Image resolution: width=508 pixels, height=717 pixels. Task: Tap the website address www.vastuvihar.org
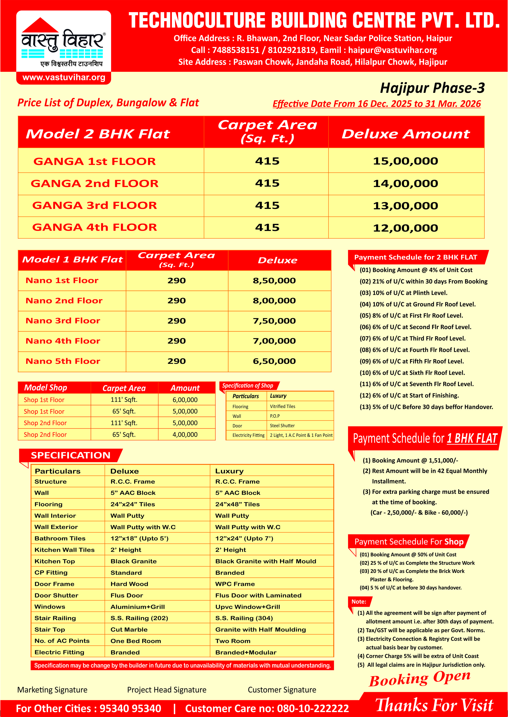[64, 77]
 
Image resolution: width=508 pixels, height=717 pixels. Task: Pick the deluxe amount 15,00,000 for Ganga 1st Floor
[405, 161]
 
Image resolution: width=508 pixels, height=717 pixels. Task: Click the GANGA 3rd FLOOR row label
[94, 205]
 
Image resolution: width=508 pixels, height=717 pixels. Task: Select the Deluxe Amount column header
[405, 134]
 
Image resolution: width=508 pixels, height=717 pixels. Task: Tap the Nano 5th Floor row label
[63, 361]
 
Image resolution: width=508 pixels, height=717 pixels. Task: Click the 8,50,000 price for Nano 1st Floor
[274, 280]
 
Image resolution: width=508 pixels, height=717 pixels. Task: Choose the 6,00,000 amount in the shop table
[185, 400]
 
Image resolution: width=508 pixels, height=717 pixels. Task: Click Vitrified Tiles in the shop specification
[282, 406]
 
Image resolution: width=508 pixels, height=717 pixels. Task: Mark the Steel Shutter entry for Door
[282, 425]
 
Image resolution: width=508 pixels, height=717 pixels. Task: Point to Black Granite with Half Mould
[266, 561]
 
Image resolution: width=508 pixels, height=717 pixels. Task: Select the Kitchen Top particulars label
[55, 561]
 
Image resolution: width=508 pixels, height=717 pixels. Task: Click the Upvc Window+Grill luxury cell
[247, 607]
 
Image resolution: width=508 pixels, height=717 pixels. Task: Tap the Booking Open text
[419, 679]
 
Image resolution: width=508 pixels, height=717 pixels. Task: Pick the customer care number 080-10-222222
[313, 708]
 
